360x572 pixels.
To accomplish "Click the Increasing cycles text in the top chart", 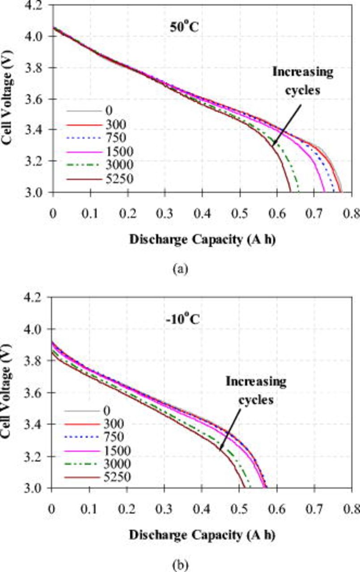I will (303, 79).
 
